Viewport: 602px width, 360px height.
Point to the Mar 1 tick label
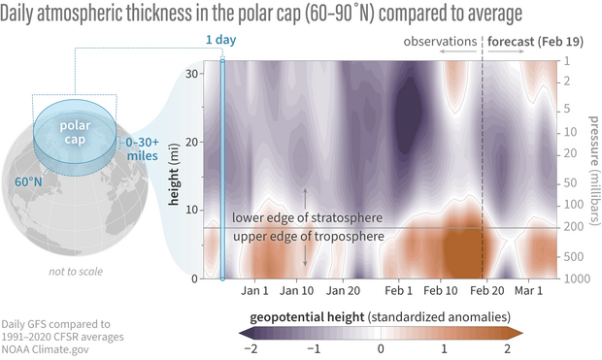[528, 290]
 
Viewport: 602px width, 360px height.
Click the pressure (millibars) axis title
[593, 170]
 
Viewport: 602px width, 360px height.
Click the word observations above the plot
[440, 44]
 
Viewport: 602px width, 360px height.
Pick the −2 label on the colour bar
[248, 347]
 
